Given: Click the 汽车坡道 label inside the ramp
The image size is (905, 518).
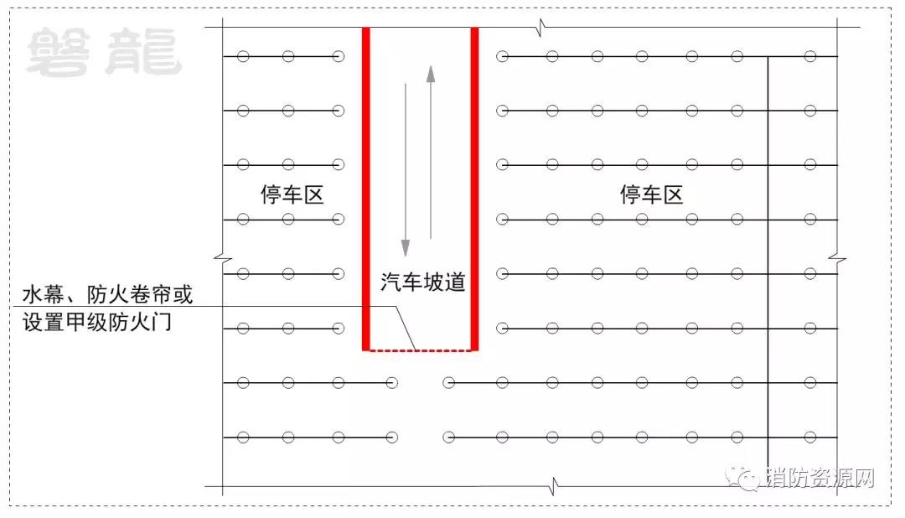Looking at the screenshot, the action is point(423,282).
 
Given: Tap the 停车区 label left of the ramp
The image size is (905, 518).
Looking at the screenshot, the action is point(292,194).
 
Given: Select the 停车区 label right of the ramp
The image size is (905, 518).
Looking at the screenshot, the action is point(652,194).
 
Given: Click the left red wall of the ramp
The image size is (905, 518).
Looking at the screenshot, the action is point(366,189).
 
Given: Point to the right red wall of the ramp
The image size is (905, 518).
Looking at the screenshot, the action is point(474,189).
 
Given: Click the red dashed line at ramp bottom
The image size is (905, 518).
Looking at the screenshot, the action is point(420,350).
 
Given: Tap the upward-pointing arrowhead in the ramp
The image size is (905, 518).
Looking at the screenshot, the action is point(431,74).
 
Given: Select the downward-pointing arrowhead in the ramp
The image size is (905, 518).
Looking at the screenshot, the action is point(406,248).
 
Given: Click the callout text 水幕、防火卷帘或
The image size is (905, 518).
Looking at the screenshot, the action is point(107,294).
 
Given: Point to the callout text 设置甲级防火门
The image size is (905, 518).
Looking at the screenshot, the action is point(97,322).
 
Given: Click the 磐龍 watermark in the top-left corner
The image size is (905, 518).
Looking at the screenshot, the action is point(104,53).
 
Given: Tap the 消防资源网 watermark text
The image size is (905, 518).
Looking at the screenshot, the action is point(820,478).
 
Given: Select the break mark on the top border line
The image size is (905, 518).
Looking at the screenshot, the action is point(540,27).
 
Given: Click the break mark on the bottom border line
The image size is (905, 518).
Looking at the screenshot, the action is point(553,486).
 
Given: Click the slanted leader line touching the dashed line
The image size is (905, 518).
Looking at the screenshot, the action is point(406,328).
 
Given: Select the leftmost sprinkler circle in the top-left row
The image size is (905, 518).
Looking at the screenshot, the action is point(243,57).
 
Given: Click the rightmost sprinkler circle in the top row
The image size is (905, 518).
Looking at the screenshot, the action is point(810,57).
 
